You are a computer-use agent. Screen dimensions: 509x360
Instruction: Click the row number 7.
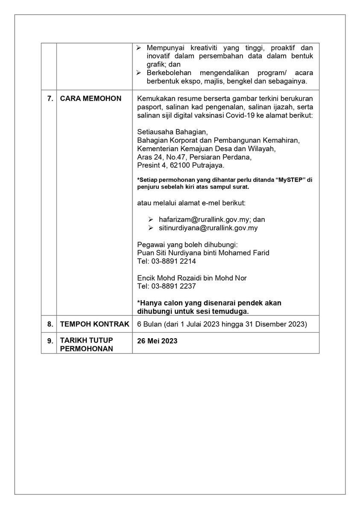point(49,99)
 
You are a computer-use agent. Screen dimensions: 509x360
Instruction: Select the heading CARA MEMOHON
point(91,99)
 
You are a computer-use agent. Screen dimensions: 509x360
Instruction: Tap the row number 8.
point(49,325)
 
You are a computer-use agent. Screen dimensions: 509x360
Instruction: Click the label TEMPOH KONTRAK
point(94,325)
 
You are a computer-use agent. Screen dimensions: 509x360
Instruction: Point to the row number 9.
point(49,341)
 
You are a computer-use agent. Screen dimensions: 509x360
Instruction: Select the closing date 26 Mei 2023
point(157,341)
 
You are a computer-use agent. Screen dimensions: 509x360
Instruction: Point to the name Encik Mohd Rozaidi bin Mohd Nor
point(192,278)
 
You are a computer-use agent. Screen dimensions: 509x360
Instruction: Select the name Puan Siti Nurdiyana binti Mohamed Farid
point(203,253)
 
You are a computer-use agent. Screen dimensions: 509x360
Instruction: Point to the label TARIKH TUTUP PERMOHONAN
point(86,345)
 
